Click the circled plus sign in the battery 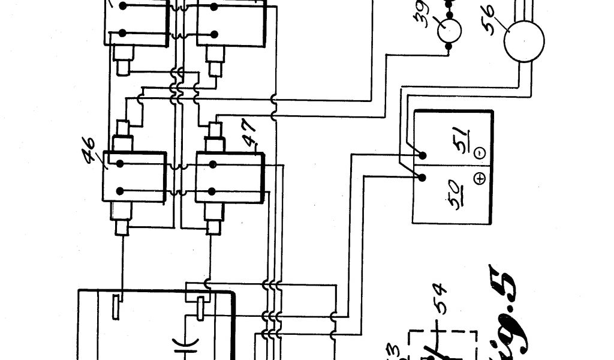coord(480,178)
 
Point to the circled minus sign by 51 coord(480,154)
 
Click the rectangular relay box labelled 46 coord(135,177)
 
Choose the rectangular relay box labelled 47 coord(230,177)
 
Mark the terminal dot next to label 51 coord(423,155)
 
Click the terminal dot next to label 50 coord(423,178)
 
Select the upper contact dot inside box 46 coord(120,163)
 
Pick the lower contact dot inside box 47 coord(212,191)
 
